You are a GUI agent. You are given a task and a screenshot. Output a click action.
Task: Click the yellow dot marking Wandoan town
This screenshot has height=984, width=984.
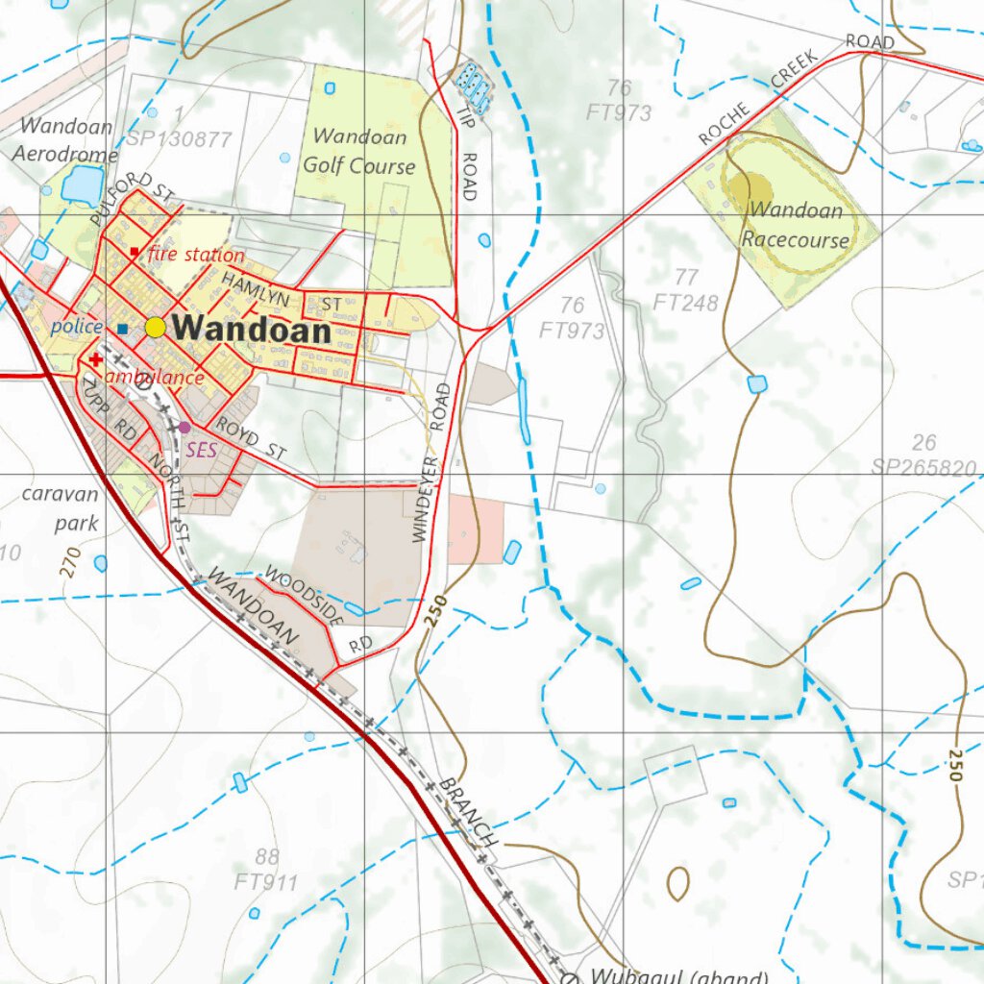coord(156,328)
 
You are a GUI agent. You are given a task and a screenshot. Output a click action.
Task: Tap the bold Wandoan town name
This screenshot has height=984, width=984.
coord(253,331)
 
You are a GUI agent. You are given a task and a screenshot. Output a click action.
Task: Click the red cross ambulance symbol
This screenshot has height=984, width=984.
coord(96,359)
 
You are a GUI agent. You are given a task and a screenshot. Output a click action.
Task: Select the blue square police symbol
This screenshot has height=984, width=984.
coord(122,329)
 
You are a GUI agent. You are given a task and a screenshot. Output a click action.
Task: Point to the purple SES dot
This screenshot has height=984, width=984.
coord(184,427)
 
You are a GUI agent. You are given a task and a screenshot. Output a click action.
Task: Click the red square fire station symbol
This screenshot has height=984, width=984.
coord(134,252)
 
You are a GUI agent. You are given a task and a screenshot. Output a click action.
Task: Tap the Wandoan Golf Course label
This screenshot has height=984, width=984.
coord(359,152)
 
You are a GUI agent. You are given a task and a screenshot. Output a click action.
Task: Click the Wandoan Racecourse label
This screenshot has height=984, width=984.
coord(796,225)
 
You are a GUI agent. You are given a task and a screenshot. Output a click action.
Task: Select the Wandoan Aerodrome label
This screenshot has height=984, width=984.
coord(65,139)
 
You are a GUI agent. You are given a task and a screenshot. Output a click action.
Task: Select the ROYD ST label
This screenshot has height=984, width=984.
coord(251,437)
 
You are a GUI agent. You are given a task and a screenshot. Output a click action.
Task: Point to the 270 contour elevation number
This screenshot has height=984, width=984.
coord(67,562)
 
